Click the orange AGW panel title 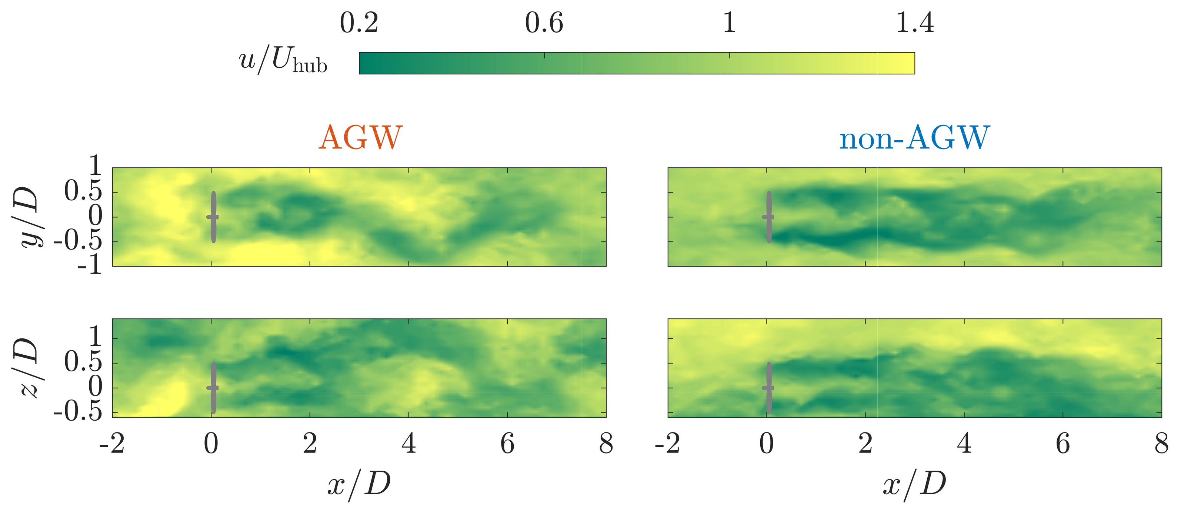360,137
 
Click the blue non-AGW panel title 914,137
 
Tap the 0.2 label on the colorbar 359,23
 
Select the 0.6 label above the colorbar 544,23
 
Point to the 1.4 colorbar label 915,23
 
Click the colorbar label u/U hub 283,61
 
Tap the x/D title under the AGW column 359,484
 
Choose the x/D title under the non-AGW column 915,484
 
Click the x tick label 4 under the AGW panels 408,444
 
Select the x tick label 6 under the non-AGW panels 1063,444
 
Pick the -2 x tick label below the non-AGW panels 667,444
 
